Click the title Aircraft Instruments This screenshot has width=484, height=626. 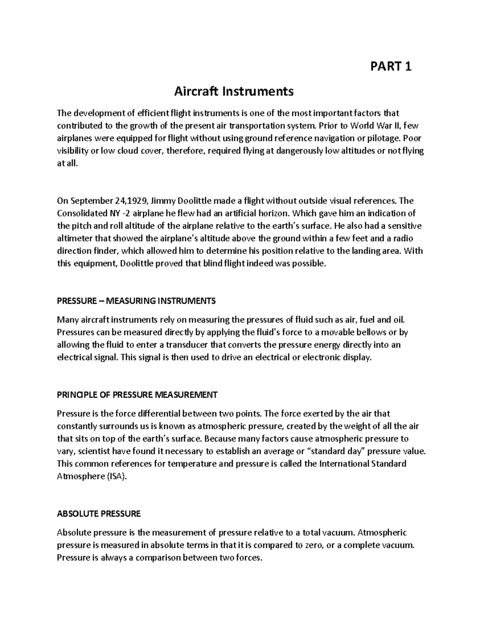point(234,92)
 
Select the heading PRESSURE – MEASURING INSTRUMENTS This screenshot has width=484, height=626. point(136,301)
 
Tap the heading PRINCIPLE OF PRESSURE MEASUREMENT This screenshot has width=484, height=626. point(137,395)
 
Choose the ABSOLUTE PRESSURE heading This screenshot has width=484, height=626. point(99,514)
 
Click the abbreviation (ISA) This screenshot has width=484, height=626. point(116,476)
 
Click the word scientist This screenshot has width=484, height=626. point(93,451)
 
